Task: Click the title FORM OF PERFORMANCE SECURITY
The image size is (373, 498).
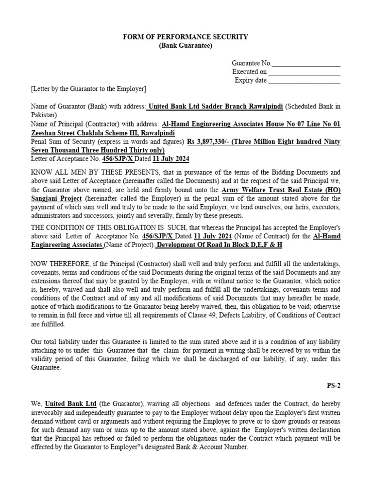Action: click(186, 37)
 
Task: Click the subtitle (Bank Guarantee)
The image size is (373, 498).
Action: click(186, 46)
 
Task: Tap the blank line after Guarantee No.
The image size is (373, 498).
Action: click(306, 64)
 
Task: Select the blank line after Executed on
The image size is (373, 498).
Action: click(304, 72)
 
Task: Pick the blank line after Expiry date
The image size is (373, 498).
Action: click(304, 81)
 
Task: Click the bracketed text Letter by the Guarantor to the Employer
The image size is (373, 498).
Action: click(88, 89)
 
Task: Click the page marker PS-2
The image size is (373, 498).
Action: click(334, 386)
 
